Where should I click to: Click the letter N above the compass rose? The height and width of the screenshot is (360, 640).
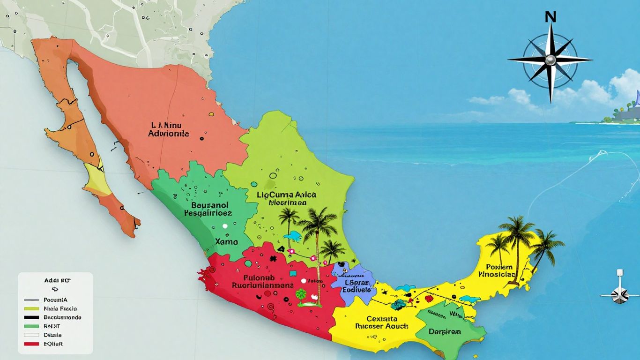click(x=551, y=17)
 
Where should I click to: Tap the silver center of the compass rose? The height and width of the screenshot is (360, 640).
click(x=550, y=60)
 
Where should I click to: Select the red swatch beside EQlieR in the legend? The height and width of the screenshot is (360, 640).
click(x=31, y=344)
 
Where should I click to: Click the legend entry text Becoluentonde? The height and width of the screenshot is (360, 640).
click(x=62, y=317)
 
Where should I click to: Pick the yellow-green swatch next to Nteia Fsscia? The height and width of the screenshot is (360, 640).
click(x=31, y=309)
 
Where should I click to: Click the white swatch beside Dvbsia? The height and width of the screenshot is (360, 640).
click(x=31, y=335)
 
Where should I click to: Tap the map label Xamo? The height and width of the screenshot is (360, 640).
click(x=226, y=242)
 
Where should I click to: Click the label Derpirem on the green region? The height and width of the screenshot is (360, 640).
click(x=445, y=332)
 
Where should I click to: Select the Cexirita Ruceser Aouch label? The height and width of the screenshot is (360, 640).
click(x=381, y=322)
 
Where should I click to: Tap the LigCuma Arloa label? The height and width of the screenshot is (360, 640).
click(x=287, y=198)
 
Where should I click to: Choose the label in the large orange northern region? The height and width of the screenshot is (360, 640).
click(x=169, y=129)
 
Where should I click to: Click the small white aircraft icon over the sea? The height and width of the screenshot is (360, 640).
click(x=620, y=293)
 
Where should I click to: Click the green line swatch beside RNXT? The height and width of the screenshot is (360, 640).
click(x=31, y=326)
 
